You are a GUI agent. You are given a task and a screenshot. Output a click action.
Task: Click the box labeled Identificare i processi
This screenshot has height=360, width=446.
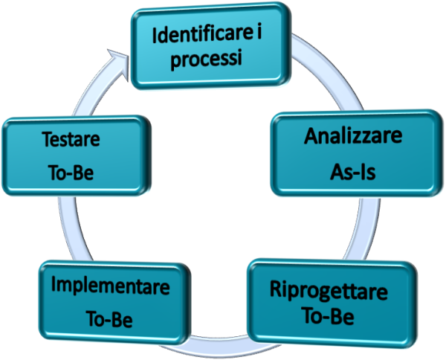coord(210,45)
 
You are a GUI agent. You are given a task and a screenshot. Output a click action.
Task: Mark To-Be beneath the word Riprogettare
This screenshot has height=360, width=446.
coord(327,316)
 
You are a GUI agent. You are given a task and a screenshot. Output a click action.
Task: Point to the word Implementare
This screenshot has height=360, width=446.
coord(111,286)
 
